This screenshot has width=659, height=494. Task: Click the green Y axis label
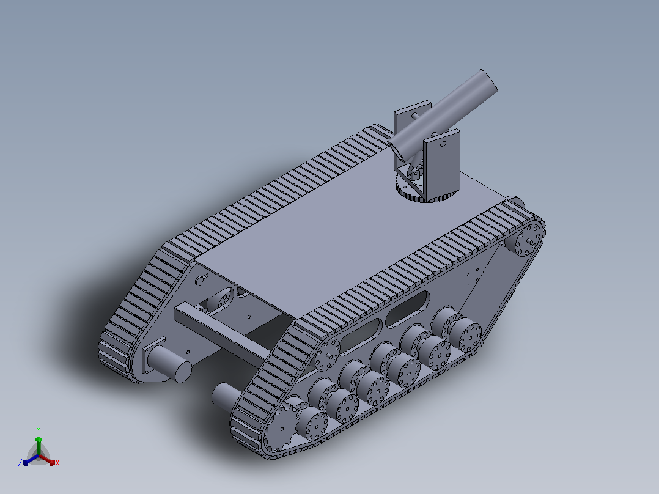pos(39,430)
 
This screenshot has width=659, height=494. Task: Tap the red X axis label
pos(57,463)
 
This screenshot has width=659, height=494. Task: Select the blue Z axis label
pos(20,462)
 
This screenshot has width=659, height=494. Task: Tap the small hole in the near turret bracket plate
pos(443,144)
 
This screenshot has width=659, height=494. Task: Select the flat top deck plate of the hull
pos(349,227)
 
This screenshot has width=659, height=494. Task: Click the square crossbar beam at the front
pos(223,332)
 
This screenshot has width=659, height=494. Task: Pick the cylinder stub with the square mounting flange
pos(166,361)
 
